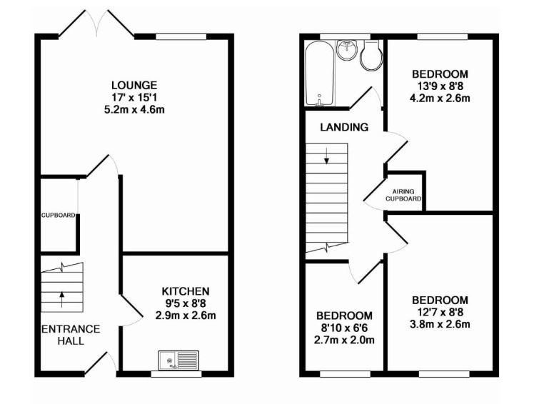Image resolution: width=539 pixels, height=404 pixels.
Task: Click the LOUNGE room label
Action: [x=134, y=85]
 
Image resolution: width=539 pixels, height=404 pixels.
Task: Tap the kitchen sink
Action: [x=178, y=360]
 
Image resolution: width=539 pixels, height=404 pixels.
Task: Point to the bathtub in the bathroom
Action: [x=319, y=74]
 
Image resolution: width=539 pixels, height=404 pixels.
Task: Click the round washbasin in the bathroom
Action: [x=348, y=50]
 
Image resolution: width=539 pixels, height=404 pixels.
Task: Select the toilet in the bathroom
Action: [x=371, y=56]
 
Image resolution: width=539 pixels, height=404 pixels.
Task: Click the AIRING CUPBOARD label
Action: [x=403, y=195]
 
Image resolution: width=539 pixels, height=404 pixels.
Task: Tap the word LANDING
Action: [x=344, y=127]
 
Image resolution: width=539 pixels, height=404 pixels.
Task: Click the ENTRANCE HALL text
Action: [x=71, y=335]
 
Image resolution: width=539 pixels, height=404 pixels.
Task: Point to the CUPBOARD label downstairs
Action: [x=58, y=216]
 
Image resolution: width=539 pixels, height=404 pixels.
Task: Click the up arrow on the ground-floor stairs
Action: [x=62, y=299]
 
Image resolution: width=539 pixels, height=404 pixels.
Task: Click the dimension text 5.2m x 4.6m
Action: [x=134, y=110]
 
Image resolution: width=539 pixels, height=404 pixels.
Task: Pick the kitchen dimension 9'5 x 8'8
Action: [x=186, y=303]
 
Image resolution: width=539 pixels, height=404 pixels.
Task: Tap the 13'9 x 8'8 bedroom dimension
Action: [x=440, y=86]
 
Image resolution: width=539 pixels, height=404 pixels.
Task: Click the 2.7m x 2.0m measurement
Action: [x=344, y=340]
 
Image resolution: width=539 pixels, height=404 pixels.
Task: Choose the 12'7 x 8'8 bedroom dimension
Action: [x=440, y=312]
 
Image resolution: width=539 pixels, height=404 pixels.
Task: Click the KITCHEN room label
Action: [x=186, y=291]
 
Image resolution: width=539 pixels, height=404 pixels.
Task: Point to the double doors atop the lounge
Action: [x=96, y=24]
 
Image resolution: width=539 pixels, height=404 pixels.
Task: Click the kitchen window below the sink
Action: [x=176, y=374]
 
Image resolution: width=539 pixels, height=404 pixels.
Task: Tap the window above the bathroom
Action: [x=345, y=36]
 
